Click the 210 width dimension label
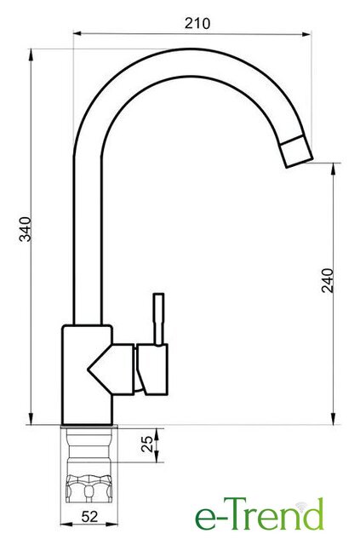pos(197,24)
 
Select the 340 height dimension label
pos(26,229)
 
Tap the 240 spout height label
pos(328,280)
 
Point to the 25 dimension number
pos(147,444)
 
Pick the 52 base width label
pos(89,517)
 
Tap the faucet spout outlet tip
pos(298,152)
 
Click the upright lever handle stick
pos(159,320)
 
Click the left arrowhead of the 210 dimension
pos(77,34)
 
